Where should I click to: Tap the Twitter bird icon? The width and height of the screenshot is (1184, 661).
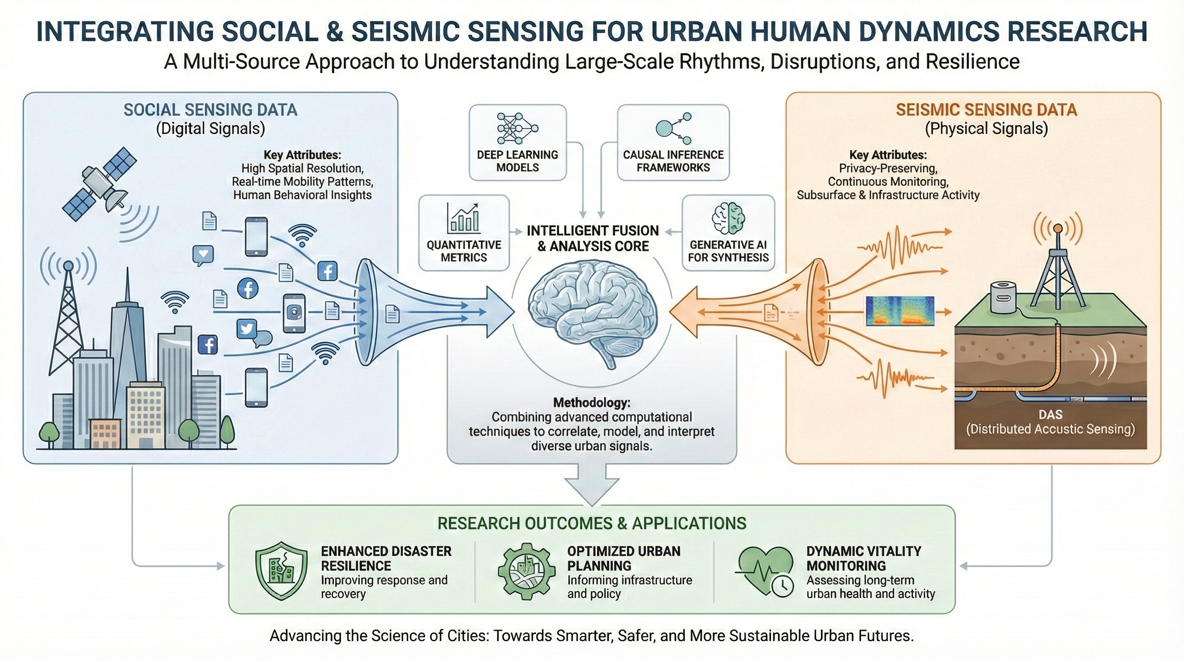[x=247, y=329]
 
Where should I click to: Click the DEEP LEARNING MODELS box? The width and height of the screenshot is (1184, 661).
[x=518, y=142]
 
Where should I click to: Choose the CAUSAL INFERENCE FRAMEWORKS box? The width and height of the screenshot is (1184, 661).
[x=673, y=142]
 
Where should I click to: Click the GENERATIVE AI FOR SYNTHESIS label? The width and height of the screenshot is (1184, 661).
[x=728, y=251]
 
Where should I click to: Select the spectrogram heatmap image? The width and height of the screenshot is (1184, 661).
[x=900, y=311]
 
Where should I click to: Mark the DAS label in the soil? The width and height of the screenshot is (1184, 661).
[x=1050, y=414]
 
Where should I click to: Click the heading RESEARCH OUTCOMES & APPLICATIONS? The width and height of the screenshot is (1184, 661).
[x=592, y=523]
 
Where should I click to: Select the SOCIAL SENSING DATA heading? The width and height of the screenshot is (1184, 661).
[x=210, y=110]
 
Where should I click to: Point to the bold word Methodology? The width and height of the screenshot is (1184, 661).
[x=592, y=403]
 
